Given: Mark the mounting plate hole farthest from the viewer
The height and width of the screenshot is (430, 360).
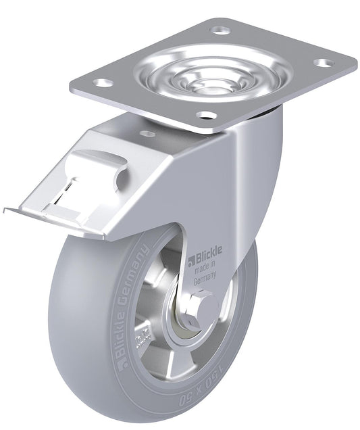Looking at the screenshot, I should click(220, 30).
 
